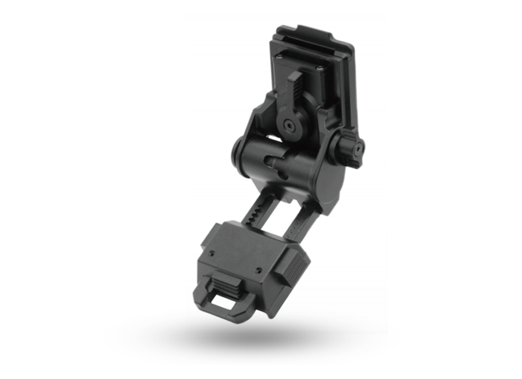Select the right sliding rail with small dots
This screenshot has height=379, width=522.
(301, 216)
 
